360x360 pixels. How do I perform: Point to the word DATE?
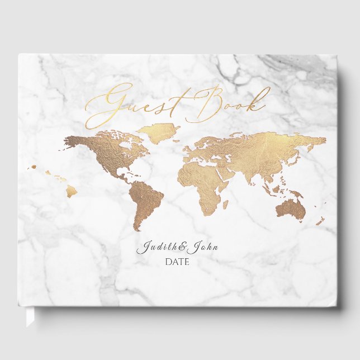point(177,262)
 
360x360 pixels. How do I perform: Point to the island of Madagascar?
point(225,204)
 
